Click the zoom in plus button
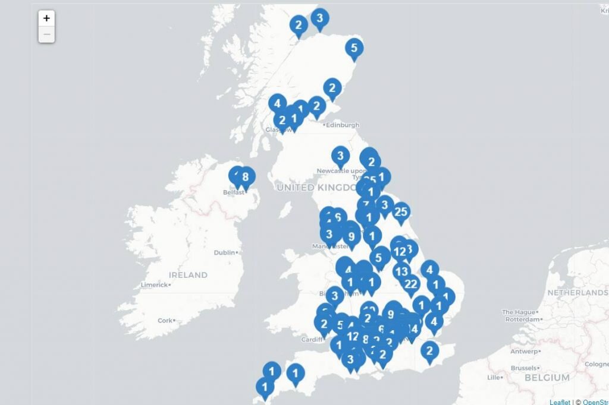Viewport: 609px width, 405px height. tap(46, 18)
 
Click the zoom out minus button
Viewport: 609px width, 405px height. tap(46, 34)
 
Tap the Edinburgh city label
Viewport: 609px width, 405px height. tap(343, 125)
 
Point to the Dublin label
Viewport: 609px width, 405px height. tap(224, 252)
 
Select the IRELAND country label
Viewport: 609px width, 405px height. tap(188, 275)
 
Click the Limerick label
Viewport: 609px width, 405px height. tap(154, 285)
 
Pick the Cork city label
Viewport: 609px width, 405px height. tap(165, 321)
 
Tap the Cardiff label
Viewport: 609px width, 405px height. tap(311, 340)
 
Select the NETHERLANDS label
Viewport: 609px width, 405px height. tap(577, 293)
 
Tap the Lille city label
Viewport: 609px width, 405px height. tap(494, 378)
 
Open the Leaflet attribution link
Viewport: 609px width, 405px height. tap(560, 402)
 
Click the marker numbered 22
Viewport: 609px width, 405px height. tap(410, 284)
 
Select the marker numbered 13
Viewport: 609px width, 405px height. tap(402, 271)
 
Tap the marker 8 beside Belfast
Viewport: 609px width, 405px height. tap(245, 177)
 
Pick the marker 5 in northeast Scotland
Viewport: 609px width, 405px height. tap(354, 49)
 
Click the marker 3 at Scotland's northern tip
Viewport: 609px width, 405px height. tap(319, 19)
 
